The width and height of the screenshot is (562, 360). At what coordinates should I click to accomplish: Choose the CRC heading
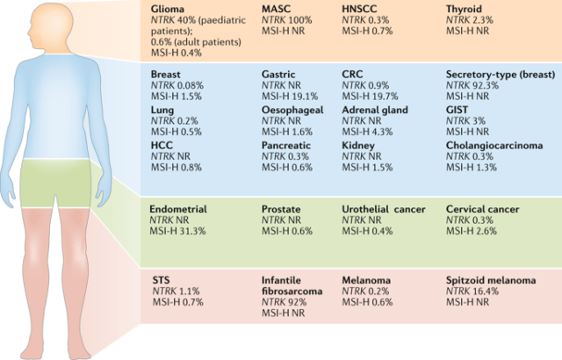tap(353, 76)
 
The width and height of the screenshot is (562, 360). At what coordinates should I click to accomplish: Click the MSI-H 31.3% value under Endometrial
tap(181, 232)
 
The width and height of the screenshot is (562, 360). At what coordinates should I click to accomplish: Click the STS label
tap(161, 279)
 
